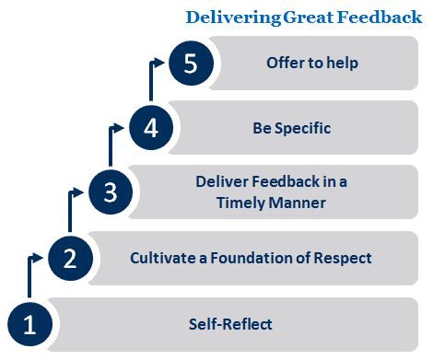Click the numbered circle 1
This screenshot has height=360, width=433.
pos(29,325)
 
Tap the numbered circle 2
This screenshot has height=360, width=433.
pos(69,258)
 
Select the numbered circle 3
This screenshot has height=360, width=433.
pos(110,192)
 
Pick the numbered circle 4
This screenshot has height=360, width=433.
pos(151,128)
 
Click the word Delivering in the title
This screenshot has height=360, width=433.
pos(231,17)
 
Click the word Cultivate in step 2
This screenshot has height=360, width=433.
pos(161,258)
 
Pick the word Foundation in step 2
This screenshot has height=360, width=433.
pos(254,258)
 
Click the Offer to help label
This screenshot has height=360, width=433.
pos(311,64)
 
